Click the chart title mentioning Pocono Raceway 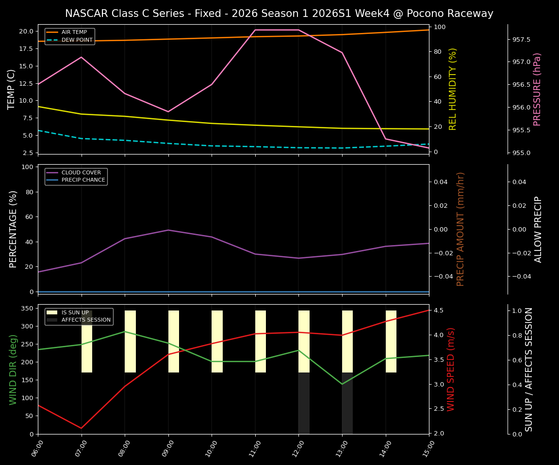[279, 14]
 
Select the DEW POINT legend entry [77, 40]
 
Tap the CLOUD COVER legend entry [81, 172]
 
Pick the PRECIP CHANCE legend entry [83, 180]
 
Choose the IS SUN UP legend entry [75, 312]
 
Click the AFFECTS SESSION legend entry [86, 320]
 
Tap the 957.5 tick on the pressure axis [521, 39]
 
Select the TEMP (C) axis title [12, 89]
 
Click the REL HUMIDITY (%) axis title [453, 89]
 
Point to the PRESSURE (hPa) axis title [537, 89]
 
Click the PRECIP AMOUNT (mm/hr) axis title [460, 229]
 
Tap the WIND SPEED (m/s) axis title [451, 369]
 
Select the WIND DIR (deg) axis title [13, 369]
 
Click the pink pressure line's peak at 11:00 [255, 30]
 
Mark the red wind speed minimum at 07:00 [82, 428]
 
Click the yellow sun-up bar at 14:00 [391, 341]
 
